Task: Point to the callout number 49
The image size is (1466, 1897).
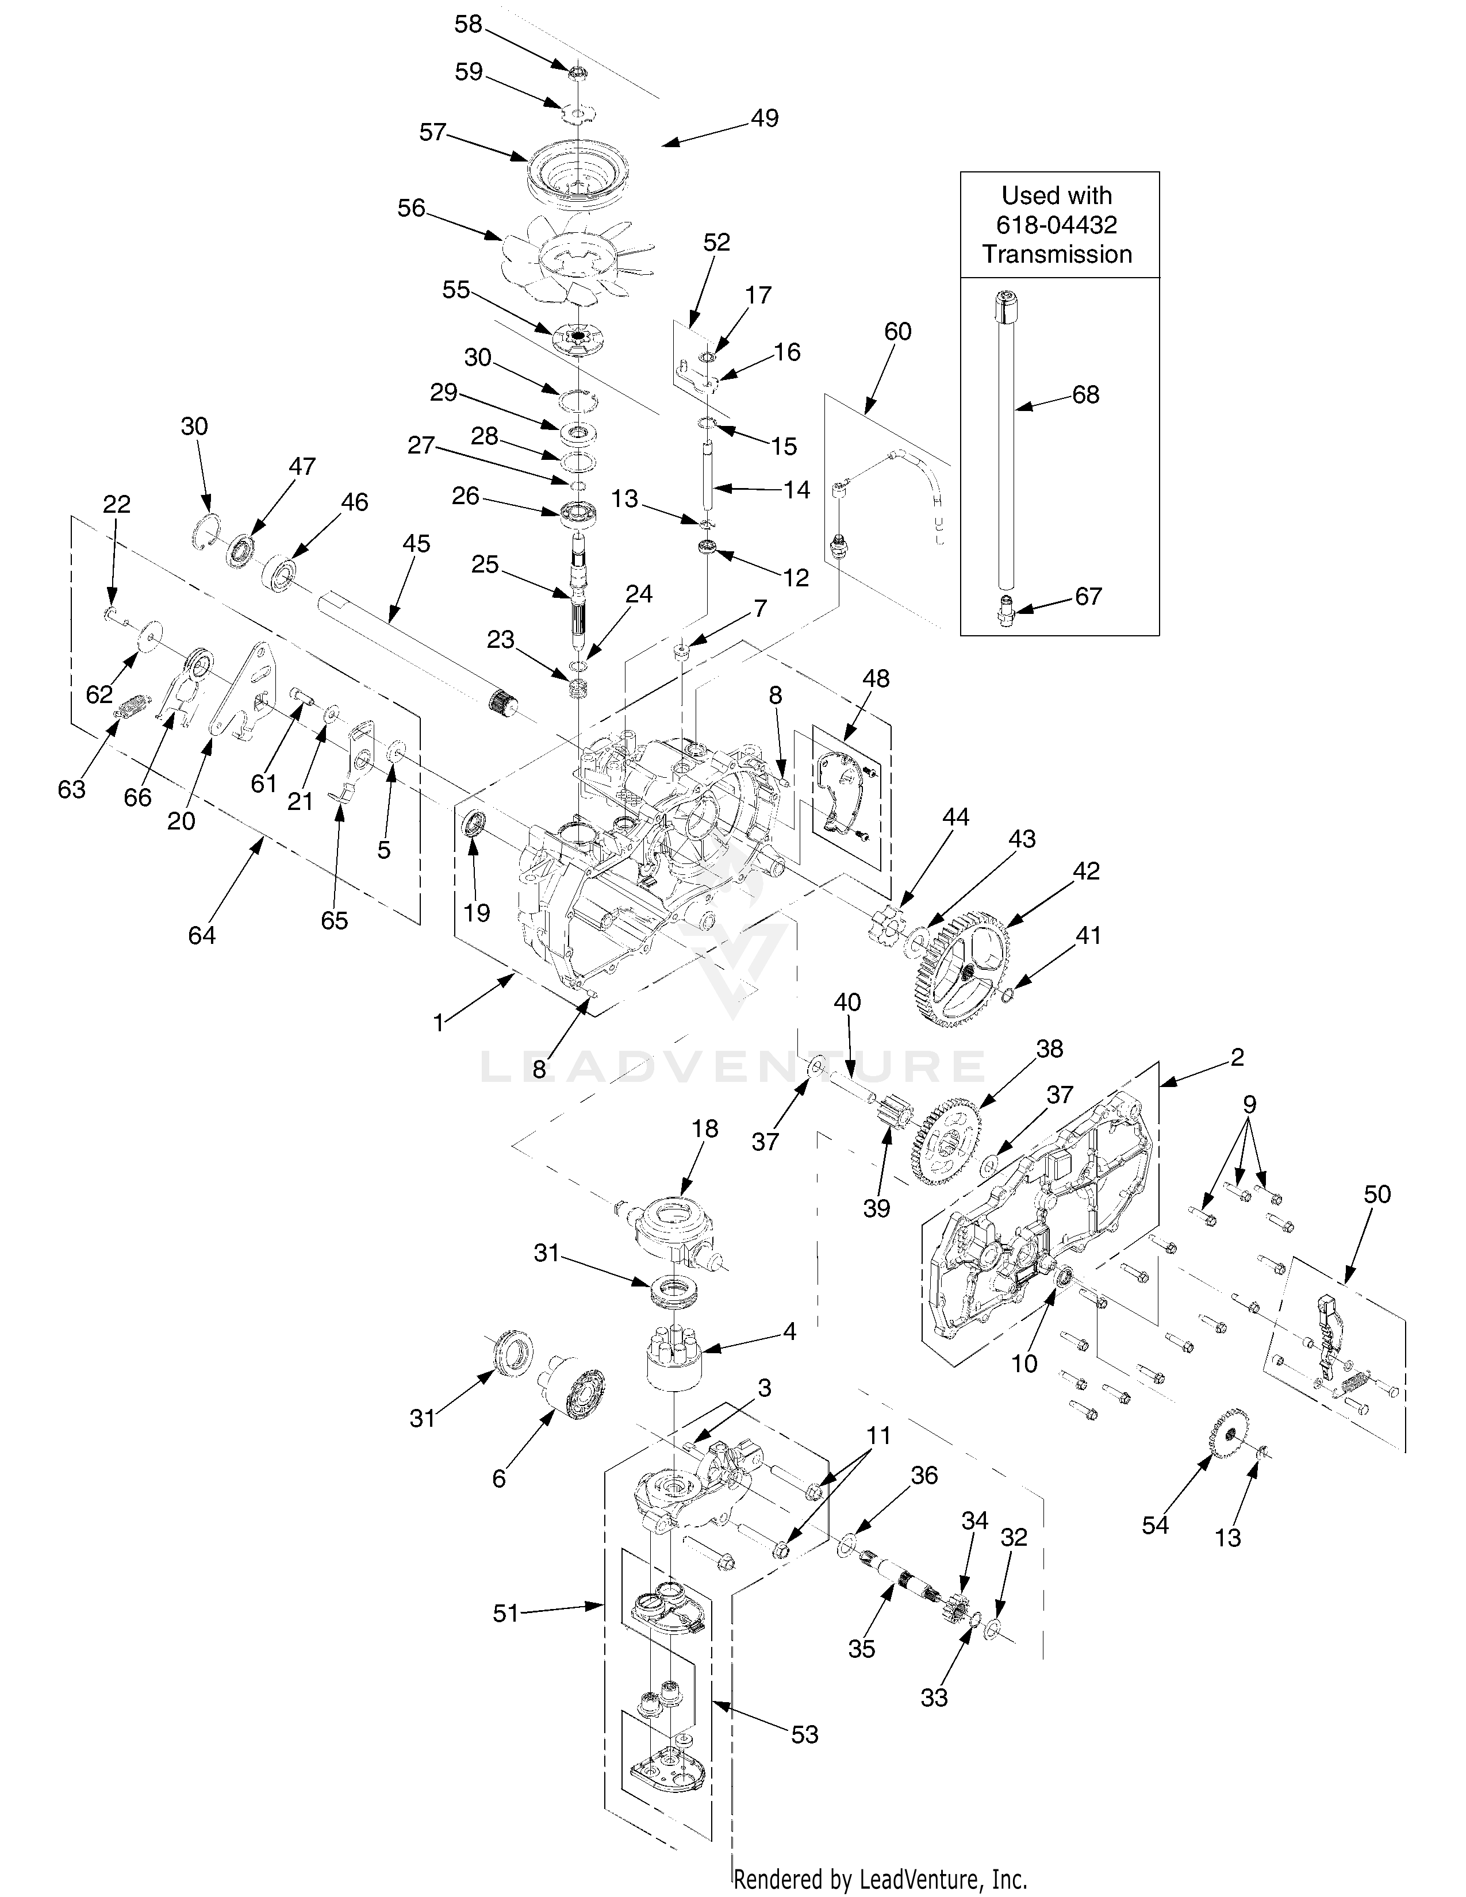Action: click(x=764, y=118)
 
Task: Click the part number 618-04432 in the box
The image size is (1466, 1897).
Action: click(x=1056, y=225)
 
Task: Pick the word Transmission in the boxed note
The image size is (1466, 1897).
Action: click(x=1056, y=255)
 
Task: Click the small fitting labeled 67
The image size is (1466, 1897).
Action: click(x=1006, y=600)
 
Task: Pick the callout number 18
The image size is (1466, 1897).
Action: click(x=704, y=1128)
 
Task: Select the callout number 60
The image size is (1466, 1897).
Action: click(x=897, y=331)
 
